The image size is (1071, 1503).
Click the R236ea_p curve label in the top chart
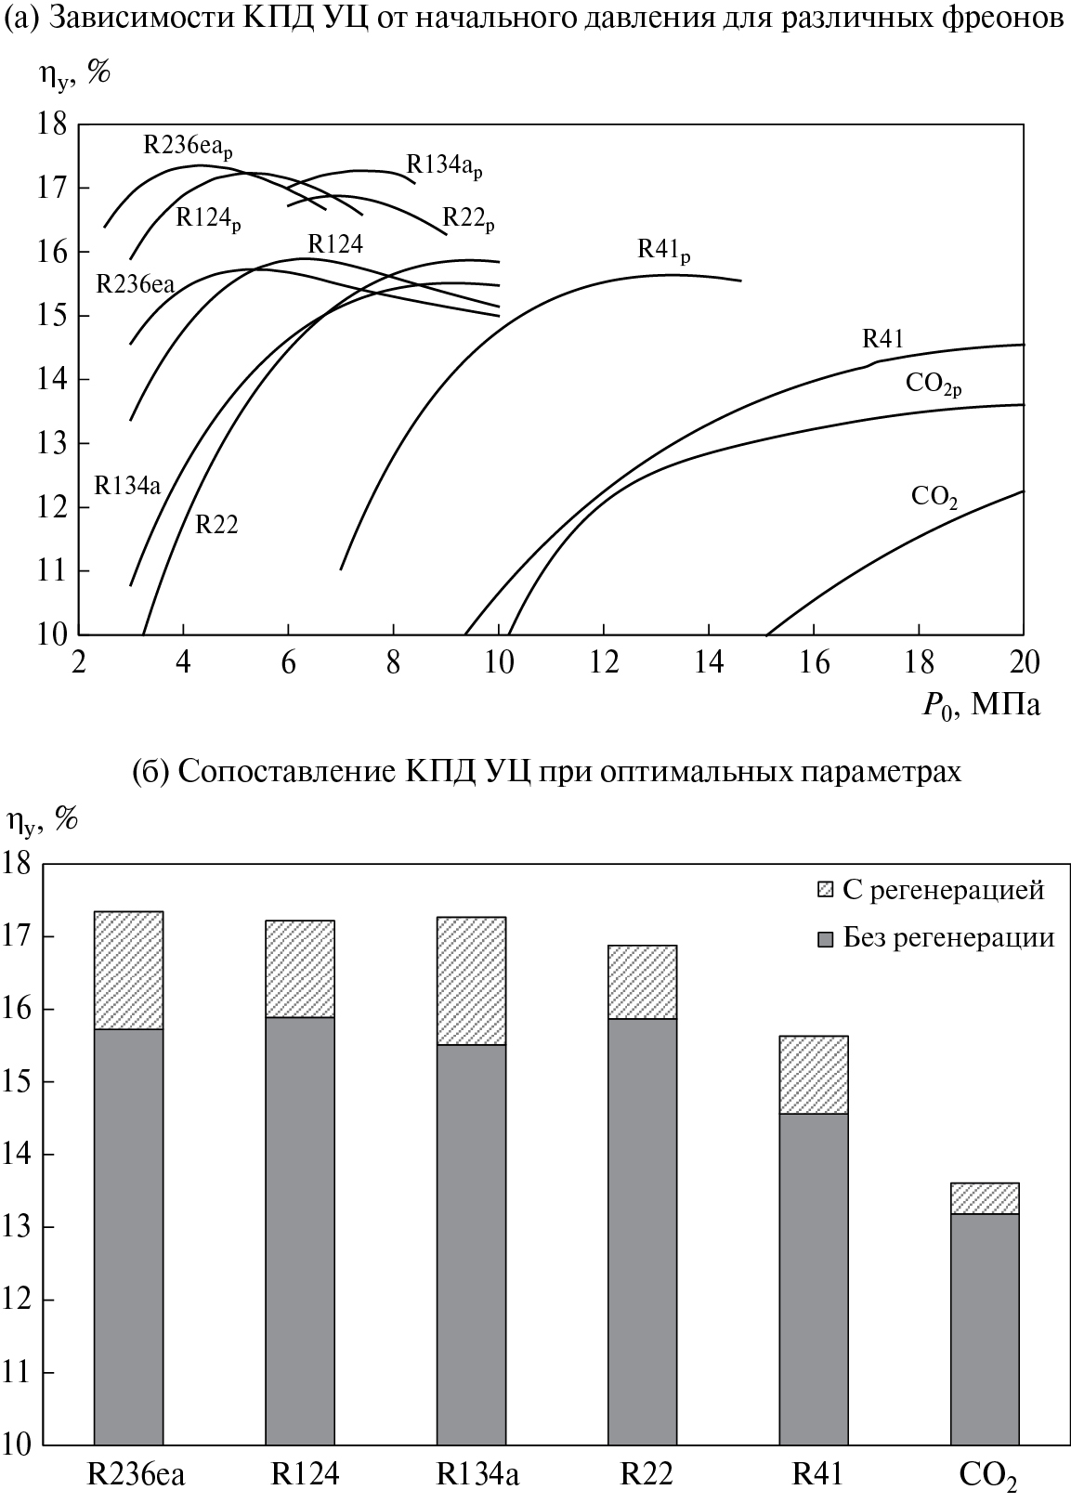188,146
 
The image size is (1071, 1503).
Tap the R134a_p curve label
444,166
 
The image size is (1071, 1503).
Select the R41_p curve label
663,250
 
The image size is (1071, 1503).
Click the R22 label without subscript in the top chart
216,525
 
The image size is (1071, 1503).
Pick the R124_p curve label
207,219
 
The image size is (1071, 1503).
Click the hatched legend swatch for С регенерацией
825,889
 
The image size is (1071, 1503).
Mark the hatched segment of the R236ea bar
128,970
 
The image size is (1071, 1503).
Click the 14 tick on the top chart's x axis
709,663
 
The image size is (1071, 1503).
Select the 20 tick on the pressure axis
1024,663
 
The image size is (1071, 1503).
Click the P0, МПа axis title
981,706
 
